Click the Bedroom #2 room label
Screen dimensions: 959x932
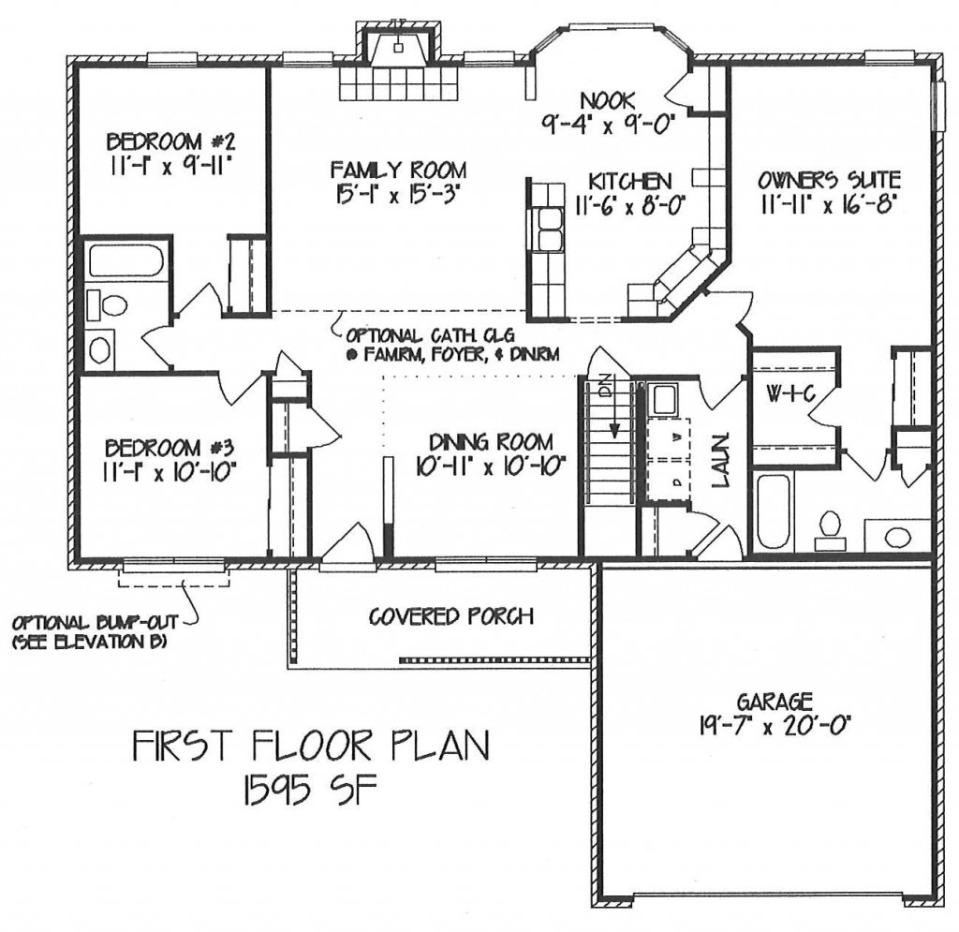(x=170, y=141)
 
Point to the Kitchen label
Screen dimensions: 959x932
(x=630, y=181)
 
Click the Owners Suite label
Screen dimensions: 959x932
(x=829, y=180)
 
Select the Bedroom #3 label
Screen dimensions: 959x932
(x=170, y=448)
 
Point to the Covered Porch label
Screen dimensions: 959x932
(x=451, y=615)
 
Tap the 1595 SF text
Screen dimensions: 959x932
(x=309, y=791)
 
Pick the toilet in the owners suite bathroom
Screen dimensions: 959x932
(x=830, y=529)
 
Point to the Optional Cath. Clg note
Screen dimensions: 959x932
(x=452, y=345)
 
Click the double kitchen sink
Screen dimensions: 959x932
(x=549, y=229)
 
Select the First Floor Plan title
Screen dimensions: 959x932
(x=312, y=747)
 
